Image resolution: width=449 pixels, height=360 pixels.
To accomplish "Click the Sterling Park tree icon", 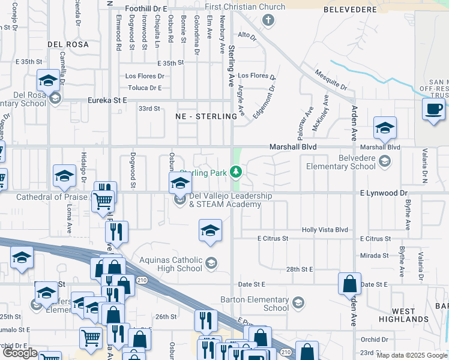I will (x=236, y=172).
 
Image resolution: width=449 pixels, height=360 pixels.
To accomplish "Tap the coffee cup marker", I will (x=434, y=110).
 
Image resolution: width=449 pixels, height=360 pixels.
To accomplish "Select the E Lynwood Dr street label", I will (x=384, y=193).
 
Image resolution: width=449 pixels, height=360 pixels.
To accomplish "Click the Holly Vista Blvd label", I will (x=325, y=230).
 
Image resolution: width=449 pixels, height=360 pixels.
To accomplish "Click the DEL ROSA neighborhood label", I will (x=68, y=44).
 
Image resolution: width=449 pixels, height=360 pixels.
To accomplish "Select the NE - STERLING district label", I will (x=206, y=116).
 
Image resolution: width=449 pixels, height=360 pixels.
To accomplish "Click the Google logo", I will (x=20, y=353).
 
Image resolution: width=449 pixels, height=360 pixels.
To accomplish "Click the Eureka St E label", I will (x=107, y=101).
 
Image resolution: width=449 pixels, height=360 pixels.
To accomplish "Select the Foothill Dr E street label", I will (x=146, y=9).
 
